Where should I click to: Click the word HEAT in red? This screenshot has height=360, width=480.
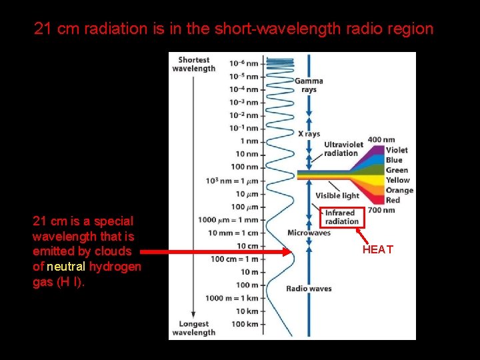click(x=377, y=250)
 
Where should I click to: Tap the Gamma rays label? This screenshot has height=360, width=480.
click(x=309, y=85)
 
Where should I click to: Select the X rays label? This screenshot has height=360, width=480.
click(x=309, y=134)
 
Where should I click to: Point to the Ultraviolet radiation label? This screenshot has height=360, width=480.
click(x=343, y=149)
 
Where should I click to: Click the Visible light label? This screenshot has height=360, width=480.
click(x=337, y=195)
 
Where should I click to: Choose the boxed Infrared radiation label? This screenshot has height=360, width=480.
click(x=341, y=217)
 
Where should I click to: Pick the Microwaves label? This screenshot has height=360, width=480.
click(x=309, y=233)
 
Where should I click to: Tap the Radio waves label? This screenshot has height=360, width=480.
click(x=309, y=289)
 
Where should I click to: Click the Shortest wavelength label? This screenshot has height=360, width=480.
click(x=193, y=64)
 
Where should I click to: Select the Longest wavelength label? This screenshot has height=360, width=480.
click(x=193, y=328)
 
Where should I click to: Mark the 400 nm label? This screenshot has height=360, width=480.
click(x=381, y=140)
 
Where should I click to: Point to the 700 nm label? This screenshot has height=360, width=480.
click(x=381, y=210)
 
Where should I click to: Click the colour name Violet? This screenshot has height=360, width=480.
click(x=397, y=150)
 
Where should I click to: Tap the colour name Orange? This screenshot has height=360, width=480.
click(x=399, y=190)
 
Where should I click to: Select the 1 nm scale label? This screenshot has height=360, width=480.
click(x=248, y=141)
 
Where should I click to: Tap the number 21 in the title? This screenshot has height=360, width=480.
click(x=43, y=29)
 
